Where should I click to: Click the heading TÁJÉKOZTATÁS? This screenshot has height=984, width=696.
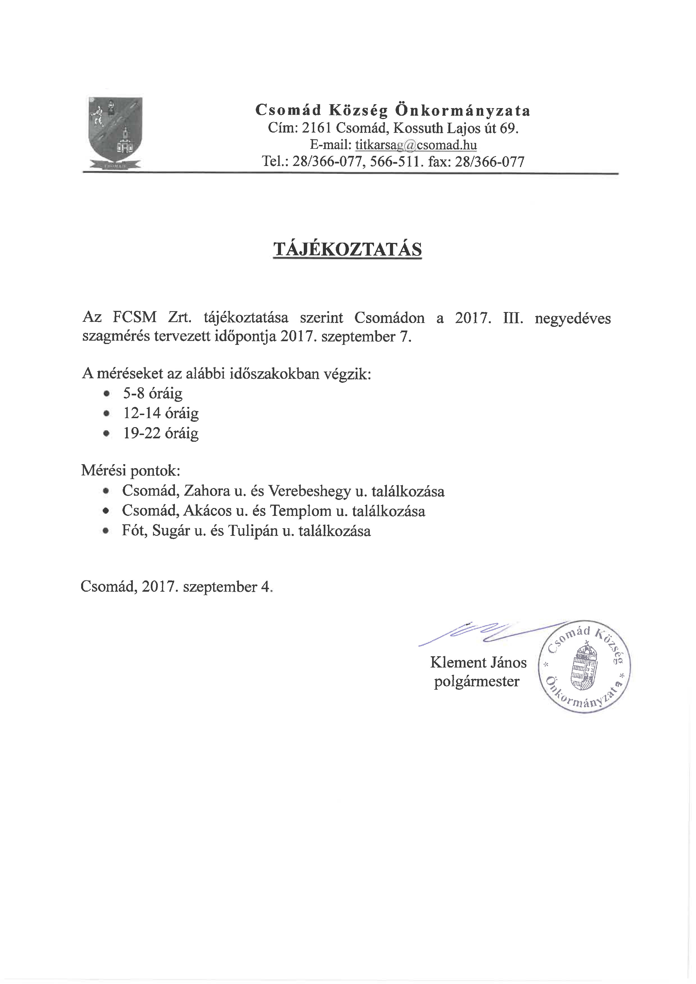[348, 249]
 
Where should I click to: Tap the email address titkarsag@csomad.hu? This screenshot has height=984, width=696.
[416, 145]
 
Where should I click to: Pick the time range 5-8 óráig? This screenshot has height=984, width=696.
[152, 393]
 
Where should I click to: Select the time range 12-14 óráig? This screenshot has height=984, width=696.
[161, 413]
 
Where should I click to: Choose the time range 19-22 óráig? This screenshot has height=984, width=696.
[161, 433]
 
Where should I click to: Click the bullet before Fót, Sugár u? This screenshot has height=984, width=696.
[106, 531]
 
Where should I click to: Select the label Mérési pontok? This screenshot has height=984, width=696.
[131, 471]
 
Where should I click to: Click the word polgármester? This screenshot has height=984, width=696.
[476, 682]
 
